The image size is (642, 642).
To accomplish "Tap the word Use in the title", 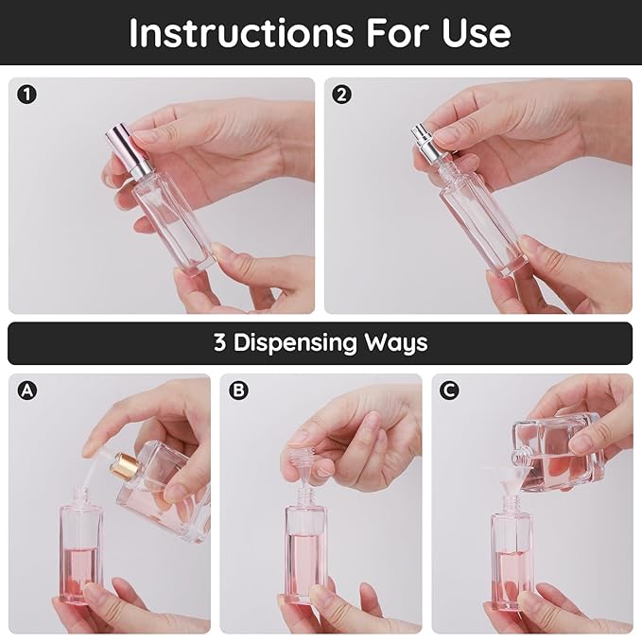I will (472, 32).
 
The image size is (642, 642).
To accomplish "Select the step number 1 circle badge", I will (26, 95).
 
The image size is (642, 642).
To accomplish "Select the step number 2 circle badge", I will (342, 95).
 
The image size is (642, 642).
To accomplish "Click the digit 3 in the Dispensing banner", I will (219, 342).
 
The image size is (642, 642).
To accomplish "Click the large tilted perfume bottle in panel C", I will (558, 455).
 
